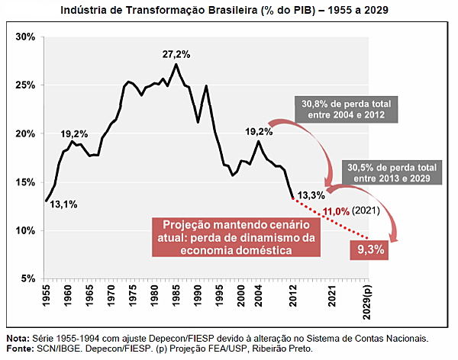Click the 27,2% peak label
coord(176,54)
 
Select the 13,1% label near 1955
coord(63,204)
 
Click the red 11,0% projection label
coord(336,211)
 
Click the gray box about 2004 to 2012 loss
coord(341,109)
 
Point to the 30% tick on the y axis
coord(25,37)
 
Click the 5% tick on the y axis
coord(27,279)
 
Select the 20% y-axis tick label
coord(25,133)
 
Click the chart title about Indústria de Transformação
coord(229,9)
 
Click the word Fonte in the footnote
coord(20,349)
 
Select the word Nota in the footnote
coord(18,337)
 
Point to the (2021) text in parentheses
coord(368,211)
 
